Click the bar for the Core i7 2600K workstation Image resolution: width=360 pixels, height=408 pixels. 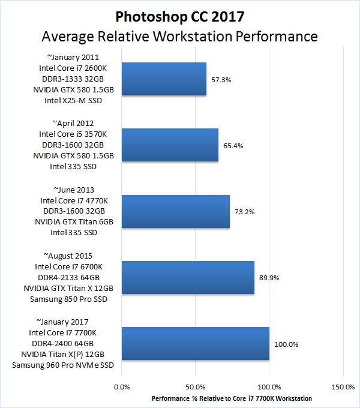[164, 79]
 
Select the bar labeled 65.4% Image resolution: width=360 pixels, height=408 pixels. [170, 145]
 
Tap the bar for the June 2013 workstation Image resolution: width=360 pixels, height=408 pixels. [175, 211]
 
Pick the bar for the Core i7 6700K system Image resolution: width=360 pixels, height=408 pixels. [188, 278]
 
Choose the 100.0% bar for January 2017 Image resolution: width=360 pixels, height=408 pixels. [195, 344]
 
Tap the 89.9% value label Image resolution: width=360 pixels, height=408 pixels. [269, 278]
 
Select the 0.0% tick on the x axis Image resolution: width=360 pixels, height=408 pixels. [122, 387]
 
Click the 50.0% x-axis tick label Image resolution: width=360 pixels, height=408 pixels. [196, 387]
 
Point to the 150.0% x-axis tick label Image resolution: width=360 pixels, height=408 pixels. [343, 387]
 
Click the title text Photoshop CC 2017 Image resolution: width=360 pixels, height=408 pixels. [179, 14]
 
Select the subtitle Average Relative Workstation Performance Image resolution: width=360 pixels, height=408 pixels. [179, 37]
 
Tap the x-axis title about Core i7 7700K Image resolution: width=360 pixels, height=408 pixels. [232, 398]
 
